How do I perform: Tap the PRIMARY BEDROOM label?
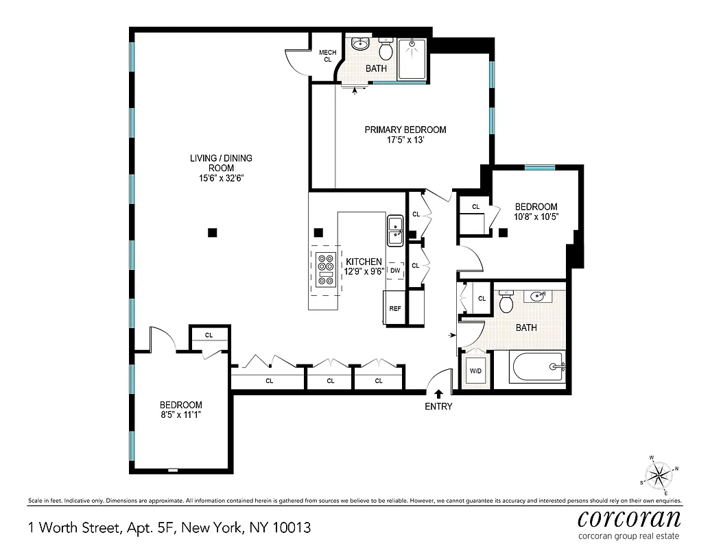pos(405,135)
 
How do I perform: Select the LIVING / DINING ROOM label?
pos(221,168)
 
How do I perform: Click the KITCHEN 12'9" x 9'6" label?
pos(364,266)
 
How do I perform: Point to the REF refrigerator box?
pos(395,308)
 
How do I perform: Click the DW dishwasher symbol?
pos(395,271)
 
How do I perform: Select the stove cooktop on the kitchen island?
pos(326,269)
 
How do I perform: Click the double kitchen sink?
pos(395,230)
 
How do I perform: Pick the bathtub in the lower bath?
pos(538,368)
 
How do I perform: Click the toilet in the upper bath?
pos(386,49)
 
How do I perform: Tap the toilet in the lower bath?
pos(507,301)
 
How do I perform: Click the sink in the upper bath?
pos(360,45)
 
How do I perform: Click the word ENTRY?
pos(439,406)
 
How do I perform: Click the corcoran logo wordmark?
pos(630,516)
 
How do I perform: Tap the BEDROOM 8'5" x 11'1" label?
pos(181,409)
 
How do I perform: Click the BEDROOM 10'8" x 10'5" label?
pos(536,211)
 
